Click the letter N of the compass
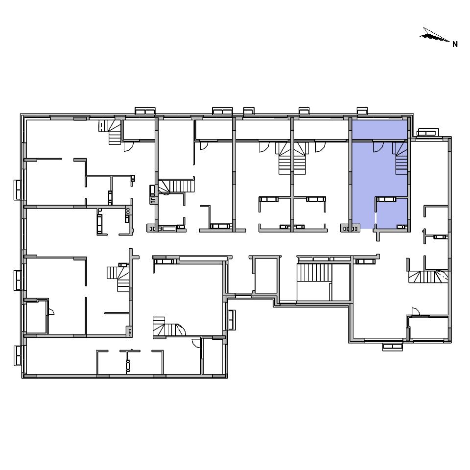coord(455,45)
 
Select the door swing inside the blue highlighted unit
coord(378,147)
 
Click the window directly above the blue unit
coord(362,111)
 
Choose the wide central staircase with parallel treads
coord(314,272)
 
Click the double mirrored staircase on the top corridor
coord(292,158)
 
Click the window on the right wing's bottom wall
coord(393,347)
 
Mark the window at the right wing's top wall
coord(428,133)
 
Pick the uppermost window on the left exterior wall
coord(18,190)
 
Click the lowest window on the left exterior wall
coord(18,355)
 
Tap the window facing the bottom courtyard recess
coord(232,320)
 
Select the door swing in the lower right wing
coord(416,312)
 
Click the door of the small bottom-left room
coord(51,311)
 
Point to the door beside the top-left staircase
coord(129,146)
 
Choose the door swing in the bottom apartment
coord(196,343)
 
